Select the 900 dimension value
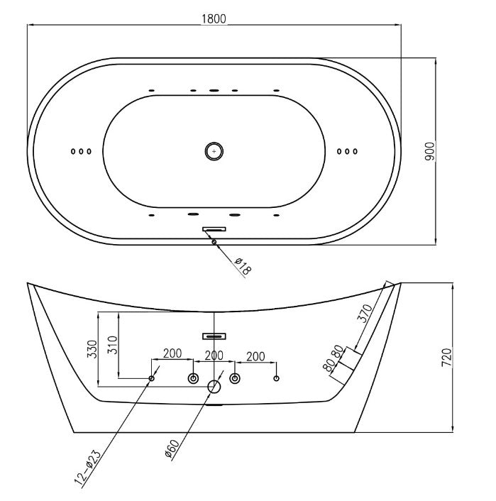[429, 150]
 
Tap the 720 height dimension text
[446, 357]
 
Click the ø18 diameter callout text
[243, 265]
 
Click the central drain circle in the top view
[214, 150]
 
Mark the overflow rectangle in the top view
[214, 229]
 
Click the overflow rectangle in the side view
[214, 334]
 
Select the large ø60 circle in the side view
[214, 387]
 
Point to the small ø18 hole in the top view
[214, 242]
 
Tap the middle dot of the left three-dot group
[82, 151]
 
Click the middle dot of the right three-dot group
[347, 150]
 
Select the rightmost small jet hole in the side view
[276, 378]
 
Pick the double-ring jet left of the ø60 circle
[193, 379]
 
